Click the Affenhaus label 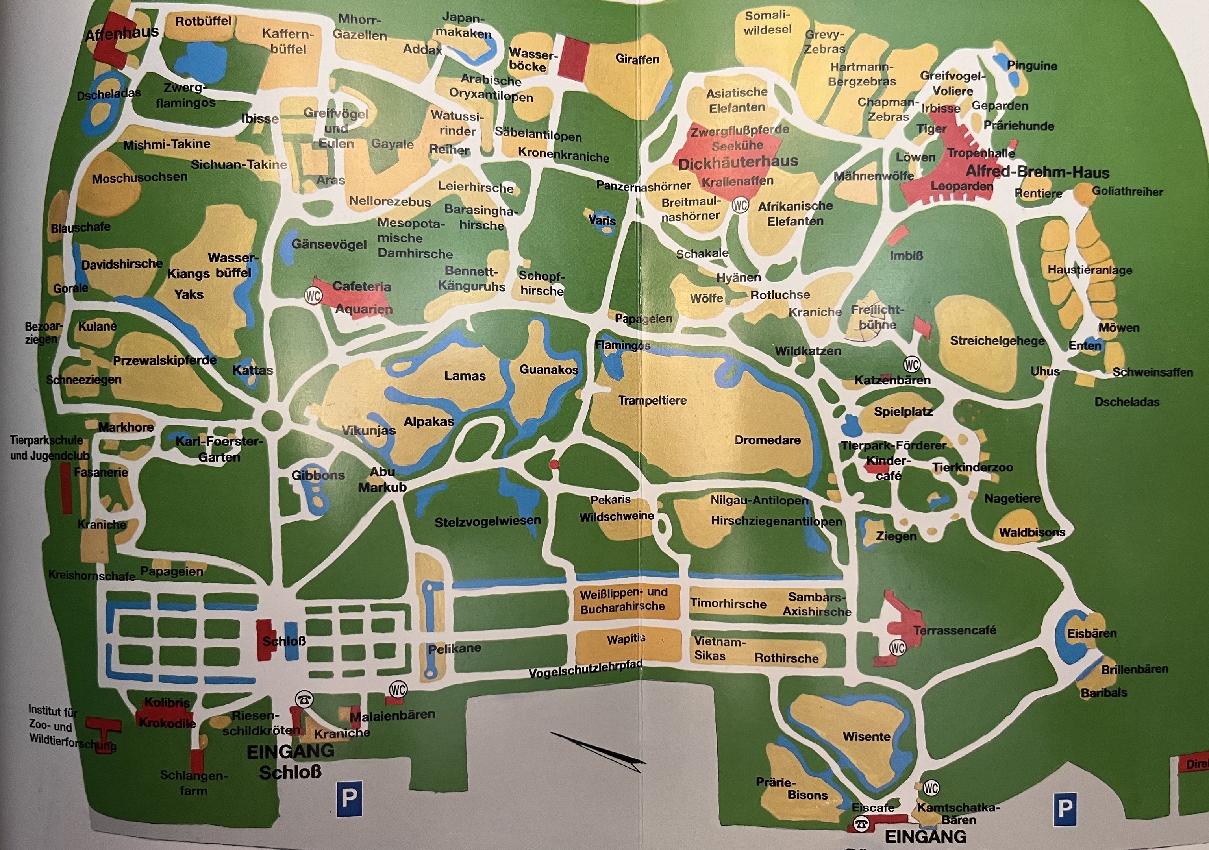point(122,34)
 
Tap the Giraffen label point(637,59)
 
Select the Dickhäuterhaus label point(738,163)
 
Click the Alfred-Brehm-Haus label point(1037,173)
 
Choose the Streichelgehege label point(997,340)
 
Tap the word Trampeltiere point(652,401)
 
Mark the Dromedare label point(767,440)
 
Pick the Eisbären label point(1092,633)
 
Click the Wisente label point(866,736)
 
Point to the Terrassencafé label point(954,630)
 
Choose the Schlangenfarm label point(194,783)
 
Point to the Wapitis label point(626,639)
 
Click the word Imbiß point(906,256)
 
